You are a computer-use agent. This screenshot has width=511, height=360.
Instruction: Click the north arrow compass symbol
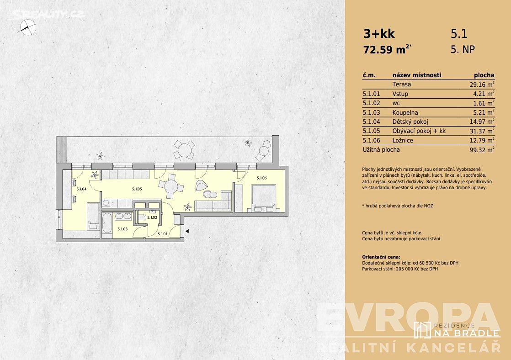point(28,26)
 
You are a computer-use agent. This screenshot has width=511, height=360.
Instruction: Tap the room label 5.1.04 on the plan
point(81,189)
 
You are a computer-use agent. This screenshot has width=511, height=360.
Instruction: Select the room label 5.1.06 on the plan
point(262,178)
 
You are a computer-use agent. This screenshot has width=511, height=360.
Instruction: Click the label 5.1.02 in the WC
point(152,217)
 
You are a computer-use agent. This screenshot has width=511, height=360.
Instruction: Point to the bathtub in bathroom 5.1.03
point(107,223)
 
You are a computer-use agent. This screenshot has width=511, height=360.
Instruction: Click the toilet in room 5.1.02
point(141,217)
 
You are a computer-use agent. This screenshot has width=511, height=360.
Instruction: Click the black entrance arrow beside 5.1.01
point(187,231)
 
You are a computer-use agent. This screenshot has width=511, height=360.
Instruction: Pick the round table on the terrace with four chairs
point(184,150)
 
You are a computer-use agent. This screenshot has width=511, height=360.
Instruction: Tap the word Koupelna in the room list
point(405,112)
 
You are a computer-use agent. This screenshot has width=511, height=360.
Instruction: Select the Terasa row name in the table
point(401,85)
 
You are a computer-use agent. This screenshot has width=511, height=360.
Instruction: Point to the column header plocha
point(484,75)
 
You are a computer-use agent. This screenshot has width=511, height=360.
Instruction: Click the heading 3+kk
point(379,33)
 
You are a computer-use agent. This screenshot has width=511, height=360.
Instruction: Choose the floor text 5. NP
point(463,49)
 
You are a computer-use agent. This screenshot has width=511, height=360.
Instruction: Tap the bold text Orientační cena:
point(381,257)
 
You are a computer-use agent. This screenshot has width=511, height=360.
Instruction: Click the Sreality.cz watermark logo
point(48,14)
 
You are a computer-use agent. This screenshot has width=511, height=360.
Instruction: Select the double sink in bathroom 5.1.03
point(123,216)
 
